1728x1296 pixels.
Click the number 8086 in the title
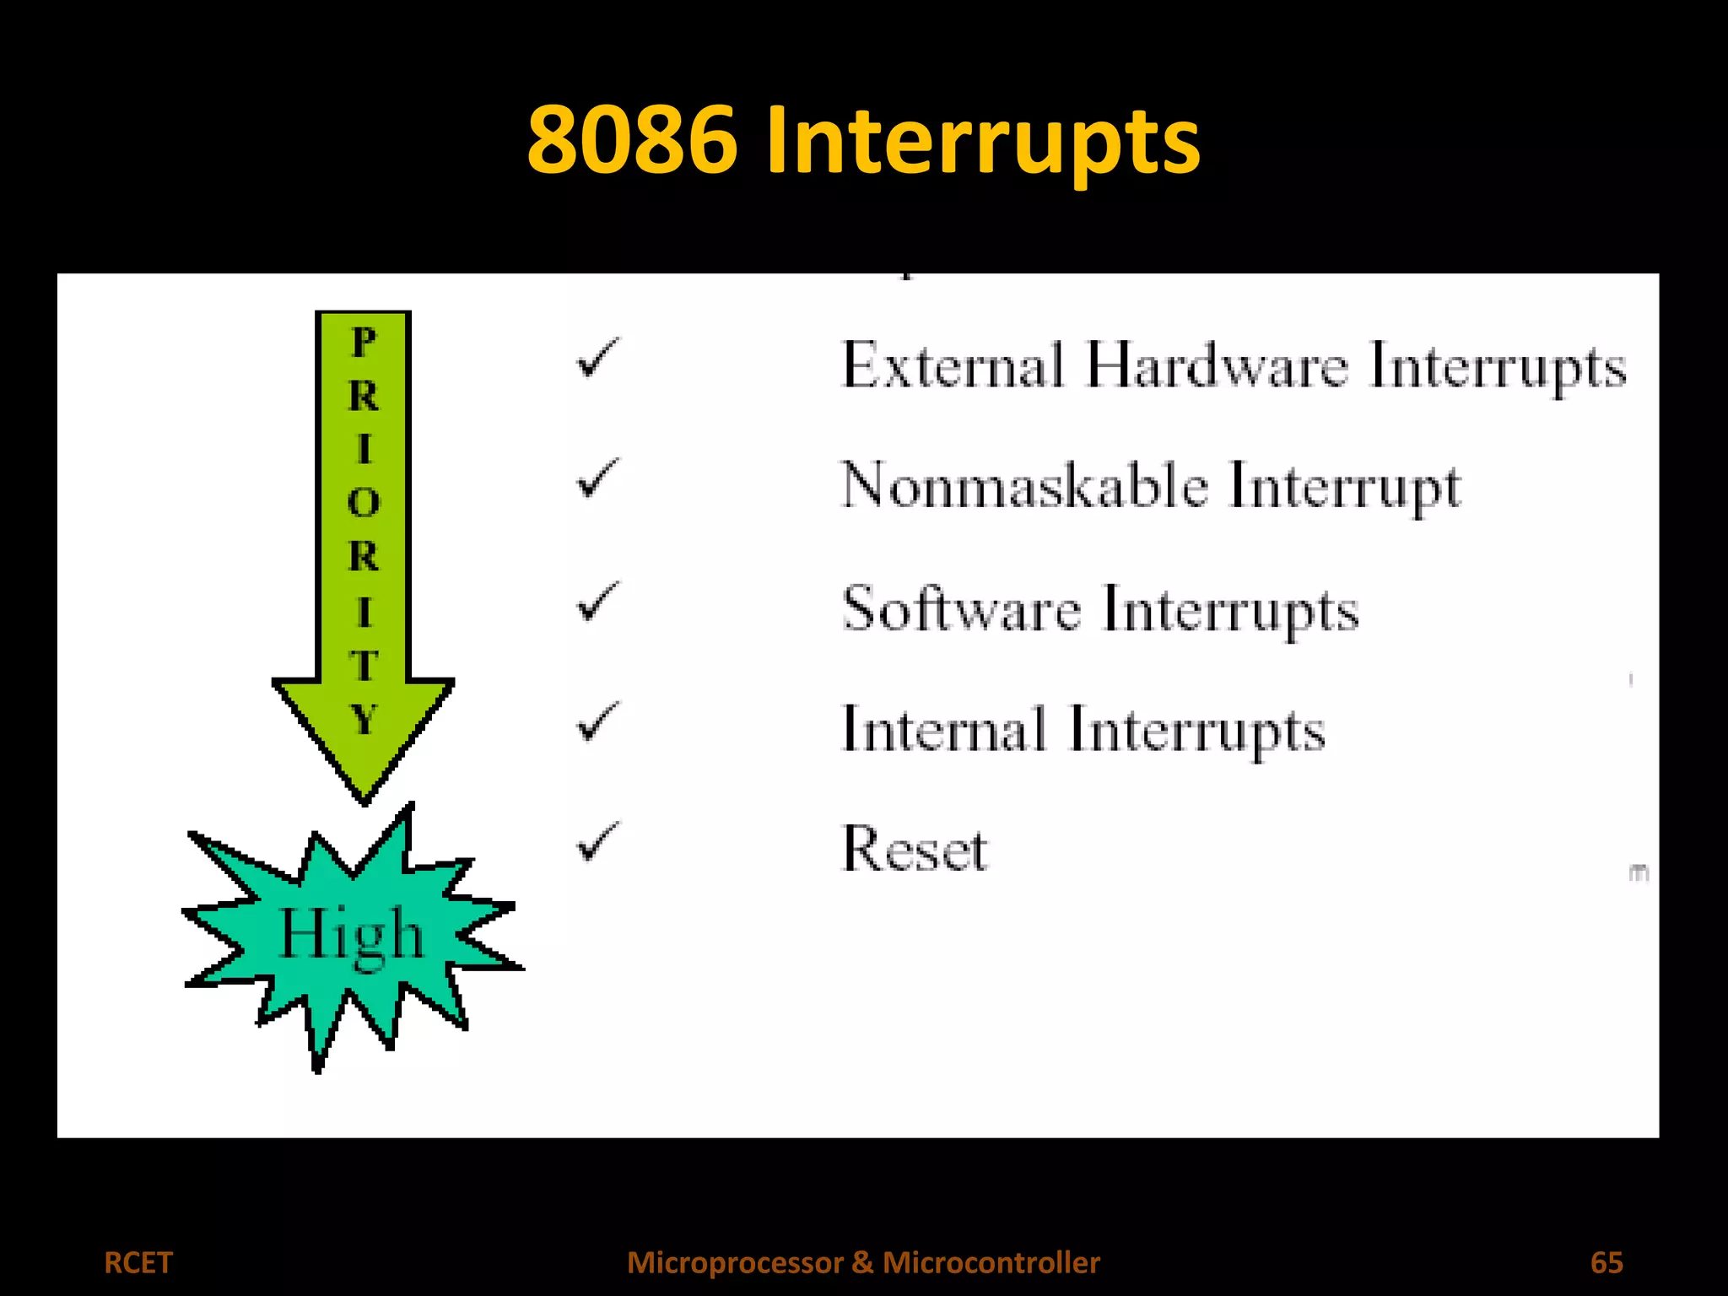click(632, 140)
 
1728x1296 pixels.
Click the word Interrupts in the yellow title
click(982, 142)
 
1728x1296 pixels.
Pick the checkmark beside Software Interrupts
click(597, 602)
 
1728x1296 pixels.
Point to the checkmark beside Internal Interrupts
click(597, 722)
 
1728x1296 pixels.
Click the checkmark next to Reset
click(597, 842)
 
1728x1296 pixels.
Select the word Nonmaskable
click(1024, 486)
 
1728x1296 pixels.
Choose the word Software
click(961, 608)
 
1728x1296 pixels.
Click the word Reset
click(915, 849)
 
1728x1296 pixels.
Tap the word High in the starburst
click(350, 935)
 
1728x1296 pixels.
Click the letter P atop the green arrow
click(364, 343)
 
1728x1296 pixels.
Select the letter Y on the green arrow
click(364, 720)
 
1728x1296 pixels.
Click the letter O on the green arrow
click(364, 503)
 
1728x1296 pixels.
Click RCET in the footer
click(138, 1262)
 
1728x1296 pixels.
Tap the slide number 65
click(1606, 1262)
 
